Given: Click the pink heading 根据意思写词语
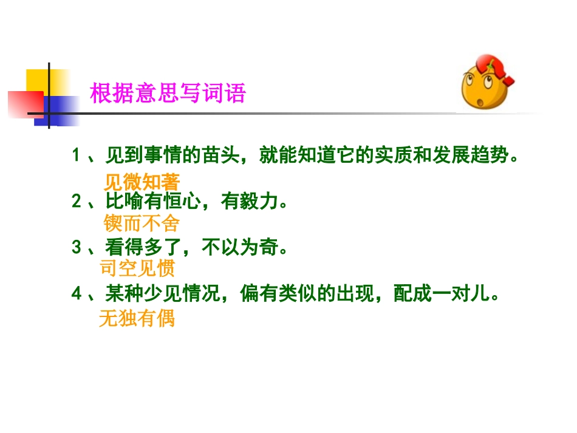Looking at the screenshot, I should pos(168,94).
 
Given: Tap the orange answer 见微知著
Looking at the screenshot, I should pos(142,182).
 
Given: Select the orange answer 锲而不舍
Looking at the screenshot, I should pos(142,224).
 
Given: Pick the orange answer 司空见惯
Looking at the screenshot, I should pos(137,268).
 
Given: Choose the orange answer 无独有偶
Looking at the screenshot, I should pos(137,318).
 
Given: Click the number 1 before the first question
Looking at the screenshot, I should pos(76,155).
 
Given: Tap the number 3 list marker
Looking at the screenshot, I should pos(76,247).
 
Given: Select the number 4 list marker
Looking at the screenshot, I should pos(76,294).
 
